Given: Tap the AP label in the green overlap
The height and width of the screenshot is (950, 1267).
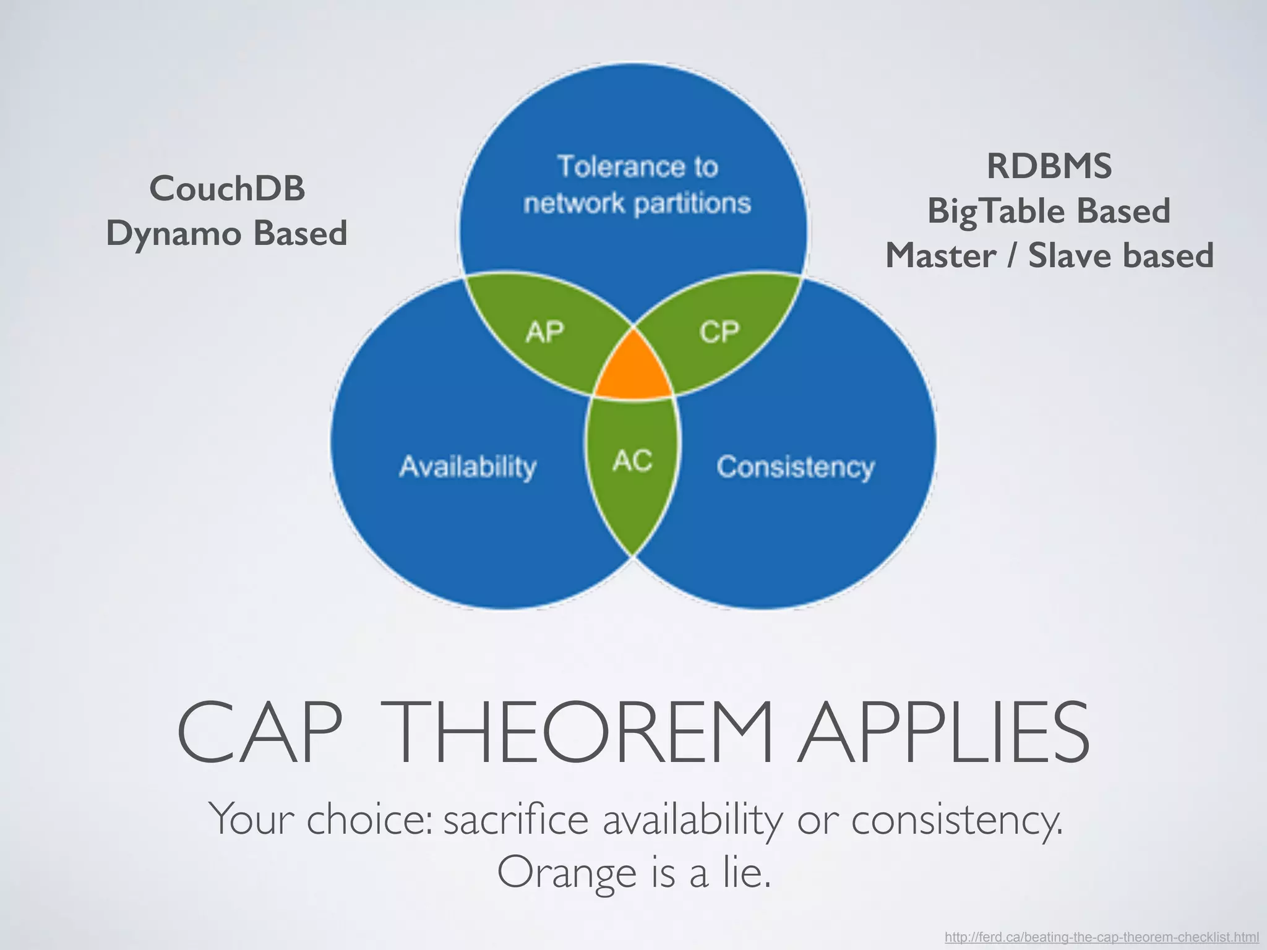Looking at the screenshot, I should click(544, 333).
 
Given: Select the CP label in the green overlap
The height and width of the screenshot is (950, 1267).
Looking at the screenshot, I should click(719, 333).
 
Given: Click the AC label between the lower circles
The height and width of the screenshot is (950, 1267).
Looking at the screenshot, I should click(632, 461).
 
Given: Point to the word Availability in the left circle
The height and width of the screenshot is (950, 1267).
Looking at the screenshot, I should click(468, 467).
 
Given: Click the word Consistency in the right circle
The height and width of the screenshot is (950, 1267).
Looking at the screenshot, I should click(796, 467).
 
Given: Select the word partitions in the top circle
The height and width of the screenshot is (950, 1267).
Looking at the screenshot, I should click(692, 203).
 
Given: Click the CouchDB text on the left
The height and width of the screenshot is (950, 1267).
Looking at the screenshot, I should click(227, 188).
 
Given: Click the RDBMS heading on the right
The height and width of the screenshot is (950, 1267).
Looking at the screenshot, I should click(1049, 166).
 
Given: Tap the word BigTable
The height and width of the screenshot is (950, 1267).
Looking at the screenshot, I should click(996, 211).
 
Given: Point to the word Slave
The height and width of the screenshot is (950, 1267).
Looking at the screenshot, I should click(1070, 255).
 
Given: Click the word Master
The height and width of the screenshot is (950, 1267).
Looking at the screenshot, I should click(940, 255).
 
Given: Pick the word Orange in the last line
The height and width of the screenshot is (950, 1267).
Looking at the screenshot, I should click(567, 873).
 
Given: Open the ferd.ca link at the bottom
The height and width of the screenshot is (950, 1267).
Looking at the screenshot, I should click(1101, 937).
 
